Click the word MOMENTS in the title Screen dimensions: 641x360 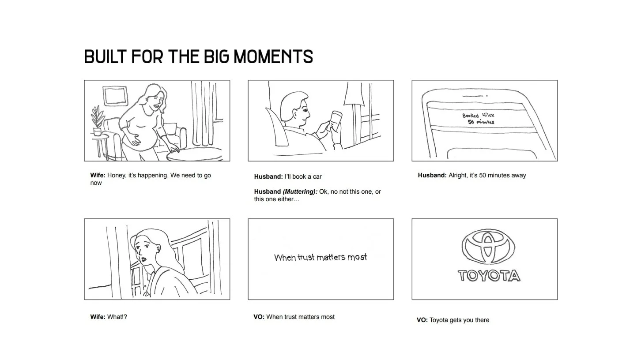273,56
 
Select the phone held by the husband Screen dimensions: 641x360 336,120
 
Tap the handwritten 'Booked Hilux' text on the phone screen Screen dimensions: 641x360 478,115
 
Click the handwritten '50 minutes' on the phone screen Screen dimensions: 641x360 481,122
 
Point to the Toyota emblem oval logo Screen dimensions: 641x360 488,246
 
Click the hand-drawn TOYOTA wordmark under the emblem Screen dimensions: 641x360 489,276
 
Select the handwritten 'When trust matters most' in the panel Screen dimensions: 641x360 320,257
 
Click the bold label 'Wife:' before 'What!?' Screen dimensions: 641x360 98,317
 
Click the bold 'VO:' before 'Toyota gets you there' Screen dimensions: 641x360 422,320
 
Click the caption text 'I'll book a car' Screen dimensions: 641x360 303,177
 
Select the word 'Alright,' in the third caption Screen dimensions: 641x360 458,175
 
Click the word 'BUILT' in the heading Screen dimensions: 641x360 105,56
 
